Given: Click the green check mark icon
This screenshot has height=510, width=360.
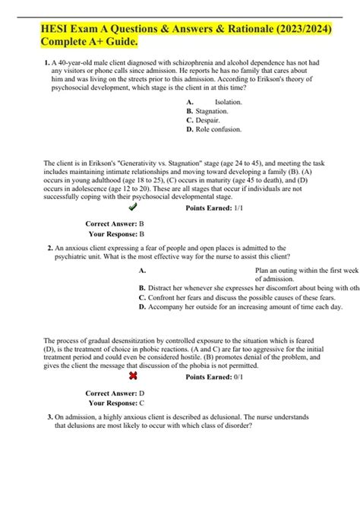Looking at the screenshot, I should [134, 206].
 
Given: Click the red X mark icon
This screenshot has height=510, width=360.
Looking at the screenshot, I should [134, 376].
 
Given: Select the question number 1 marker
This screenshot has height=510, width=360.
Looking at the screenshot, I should [49, 64].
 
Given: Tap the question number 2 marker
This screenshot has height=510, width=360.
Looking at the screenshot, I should [49, 248].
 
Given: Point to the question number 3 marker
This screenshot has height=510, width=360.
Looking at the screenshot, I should [49, 417].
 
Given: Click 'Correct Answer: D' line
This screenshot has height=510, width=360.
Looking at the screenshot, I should [115, 394].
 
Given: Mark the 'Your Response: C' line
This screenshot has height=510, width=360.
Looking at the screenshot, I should [116, 403].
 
